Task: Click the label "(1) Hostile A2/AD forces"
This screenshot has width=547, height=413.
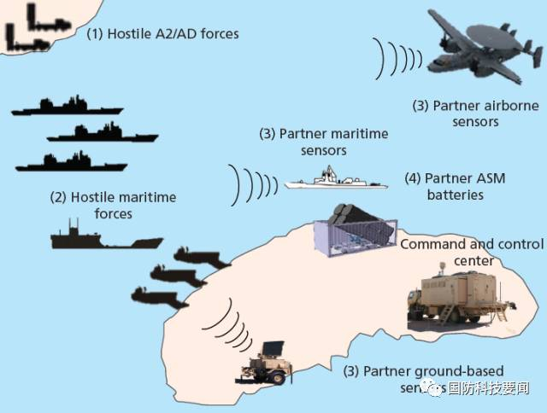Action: pos(162,35)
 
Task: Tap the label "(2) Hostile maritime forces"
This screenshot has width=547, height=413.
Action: pos(113,205)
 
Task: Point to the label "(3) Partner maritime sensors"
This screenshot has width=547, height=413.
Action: pos(324,142)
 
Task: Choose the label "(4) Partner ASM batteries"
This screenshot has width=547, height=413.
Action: pos(455,187)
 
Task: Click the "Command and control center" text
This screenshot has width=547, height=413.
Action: pos(470,252)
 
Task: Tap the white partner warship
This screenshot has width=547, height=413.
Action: pos(329,180)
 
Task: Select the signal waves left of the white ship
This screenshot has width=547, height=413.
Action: pos(253,182)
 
